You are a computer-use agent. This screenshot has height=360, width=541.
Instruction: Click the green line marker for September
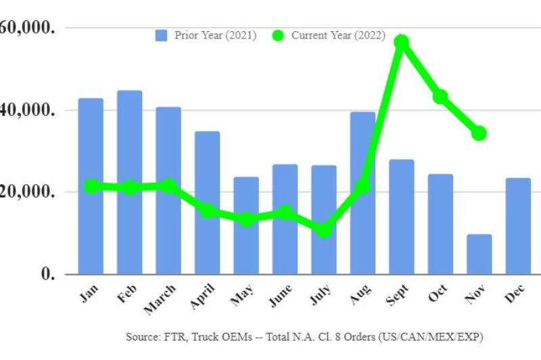click(x=402, y=42)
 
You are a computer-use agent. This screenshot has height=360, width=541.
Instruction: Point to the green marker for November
click(x=479, y=133)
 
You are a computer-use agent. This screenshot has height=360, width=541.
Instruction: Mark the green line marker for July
click(x=324, y=231)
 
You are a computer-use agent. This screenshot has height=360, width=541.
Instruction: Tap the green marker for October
click(x=440, y=97)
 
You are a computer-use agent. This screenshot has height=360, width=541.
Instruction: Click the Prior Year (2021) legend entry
click(x=206, y=35)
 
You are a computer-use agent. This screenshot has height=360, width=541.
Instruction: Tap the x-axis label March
click(x=160, y=297)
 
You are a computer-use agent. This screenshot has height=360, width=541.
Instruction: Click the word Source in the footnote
click(x=141, y=336)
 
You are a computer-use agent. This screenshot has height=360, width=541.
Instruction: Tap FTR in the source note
click(x=174, y=336)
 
